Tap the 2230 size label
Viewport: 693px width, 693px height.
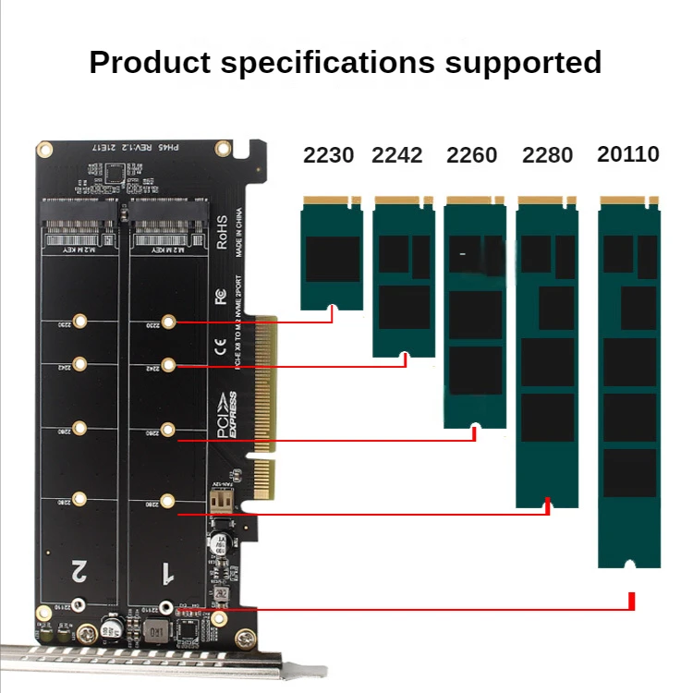(x=328, y=155)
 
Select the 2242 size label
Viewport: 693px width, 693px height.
(x=397, y=155)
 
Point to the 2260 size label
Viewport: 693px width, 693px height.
(x=471, y=155)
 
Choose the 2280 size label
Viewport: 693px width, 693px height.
(x=547, y=155)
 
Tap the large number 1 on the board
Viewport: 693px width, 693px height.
(x=168, y=572)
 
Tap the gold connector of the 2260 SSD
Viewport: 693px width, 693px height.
(x=475, y=200)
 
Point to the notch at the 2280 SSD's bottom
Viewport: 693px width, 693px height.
(x=548, y=504)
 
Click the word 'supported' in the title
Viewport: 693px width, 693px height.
(x=524, y=63)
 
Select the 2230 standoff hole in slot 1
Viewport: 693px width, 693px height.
(x=168, y=322)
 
